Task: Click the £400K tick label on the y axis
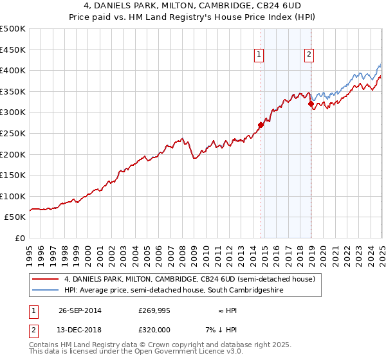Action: (x=12, y=71)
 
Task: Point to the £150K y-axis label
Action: (x=12, y=175)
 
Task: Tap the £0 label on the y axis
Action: (x=19, y=238)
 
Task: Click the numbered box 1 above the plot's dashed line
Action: (x=259, y=55)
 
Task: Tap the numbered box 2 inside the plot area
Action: (x=309, y=55)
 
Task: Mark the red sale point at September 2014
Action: (x=261, y=125)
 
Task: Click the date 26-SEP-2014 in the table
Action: (x=79, y=310)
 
